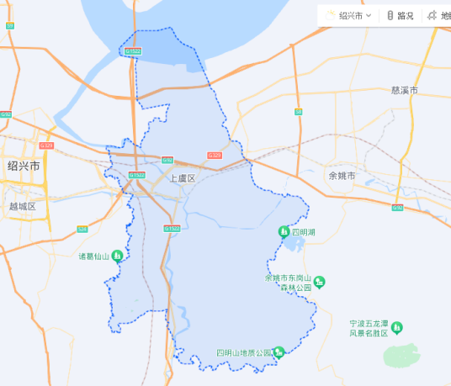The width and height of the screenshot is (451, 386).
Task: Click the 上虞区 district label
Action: (x=182, y=178)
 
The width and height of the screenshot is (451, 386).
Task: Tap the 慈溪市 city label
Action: (x=405, y=90)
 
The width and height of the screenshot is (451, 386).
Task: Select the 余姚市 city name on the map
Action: (x=342, y=176)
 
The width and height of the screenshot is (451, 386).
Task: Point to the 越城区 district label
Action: (x=23, y=206)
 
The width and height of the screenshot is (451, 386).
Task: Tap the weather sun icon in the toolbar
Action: (x=331, y=15)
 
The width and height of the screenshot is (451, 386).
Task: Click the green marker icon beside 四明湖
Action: (x=284, y=231)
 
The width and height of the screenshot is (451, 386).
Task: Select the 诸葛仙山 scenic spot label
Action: (x=94, y=256)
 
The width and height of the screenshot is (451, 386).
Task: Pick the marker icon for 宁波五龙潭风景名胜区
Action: (x=396, y=327)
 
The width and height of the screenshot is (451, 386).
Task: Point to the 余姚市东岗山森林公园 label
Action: (x=289, y=283)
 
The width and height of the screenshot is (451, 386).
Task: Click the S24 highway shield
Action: (x=82, y=229)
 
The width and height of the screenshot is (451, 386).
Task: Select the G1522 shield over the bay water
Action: (x=133, y=51)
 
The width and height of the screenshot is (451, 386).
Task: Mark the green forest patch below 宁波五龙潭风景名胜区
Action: (x=401, y=355)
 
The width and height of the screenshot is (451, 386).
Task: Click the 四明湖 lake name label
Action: (x=304, y=231)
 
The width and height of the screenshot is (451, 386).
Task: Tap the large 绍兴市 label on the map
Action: (x=24, y=166)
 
